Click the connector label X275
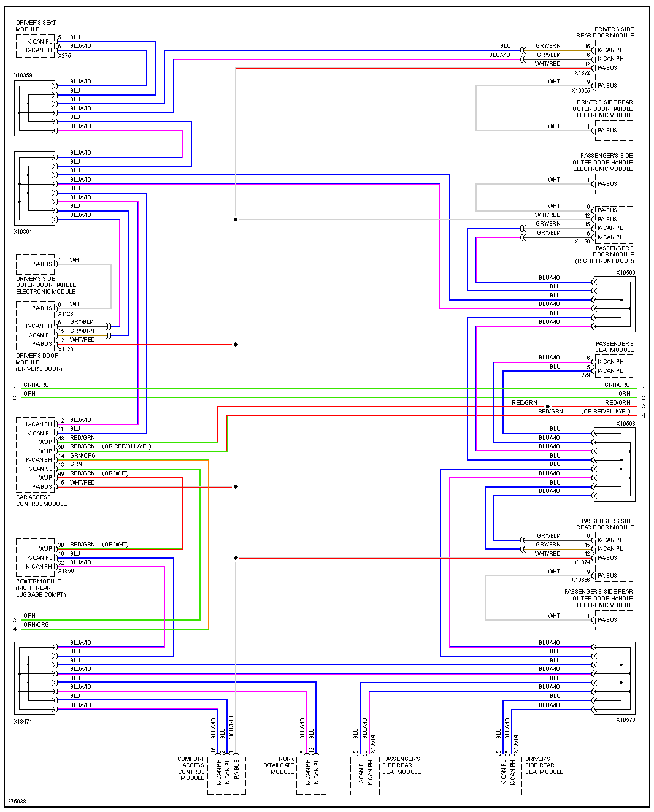coord(64,56)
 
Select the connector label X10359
coord(23,75)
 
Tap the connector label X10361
coord(23,232)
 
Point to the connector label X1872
coord(582,73)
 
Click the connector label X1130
coord(582,242)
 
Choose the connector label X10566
coord(625,273)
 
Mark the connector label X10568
coord(625,424)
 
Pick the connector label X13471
coord(23,722)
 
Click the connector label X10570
coord(625,720)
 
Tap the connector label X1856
coord(66,571)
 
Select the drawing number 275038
coord(17,802)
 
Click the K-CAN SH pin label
coord(39,460)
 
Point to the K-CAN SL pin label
coord(39,469)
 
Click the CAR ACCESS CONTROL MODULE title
coord(41,500)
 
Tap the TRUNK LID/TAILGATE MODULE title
coord(277,765)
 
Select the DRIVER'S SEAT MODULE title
coord(36,26)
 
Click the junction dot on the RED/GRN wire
coord(547,407)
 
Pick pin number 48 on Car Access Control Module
coord(61,439)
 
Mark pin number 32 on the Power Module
coord(61,562)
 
